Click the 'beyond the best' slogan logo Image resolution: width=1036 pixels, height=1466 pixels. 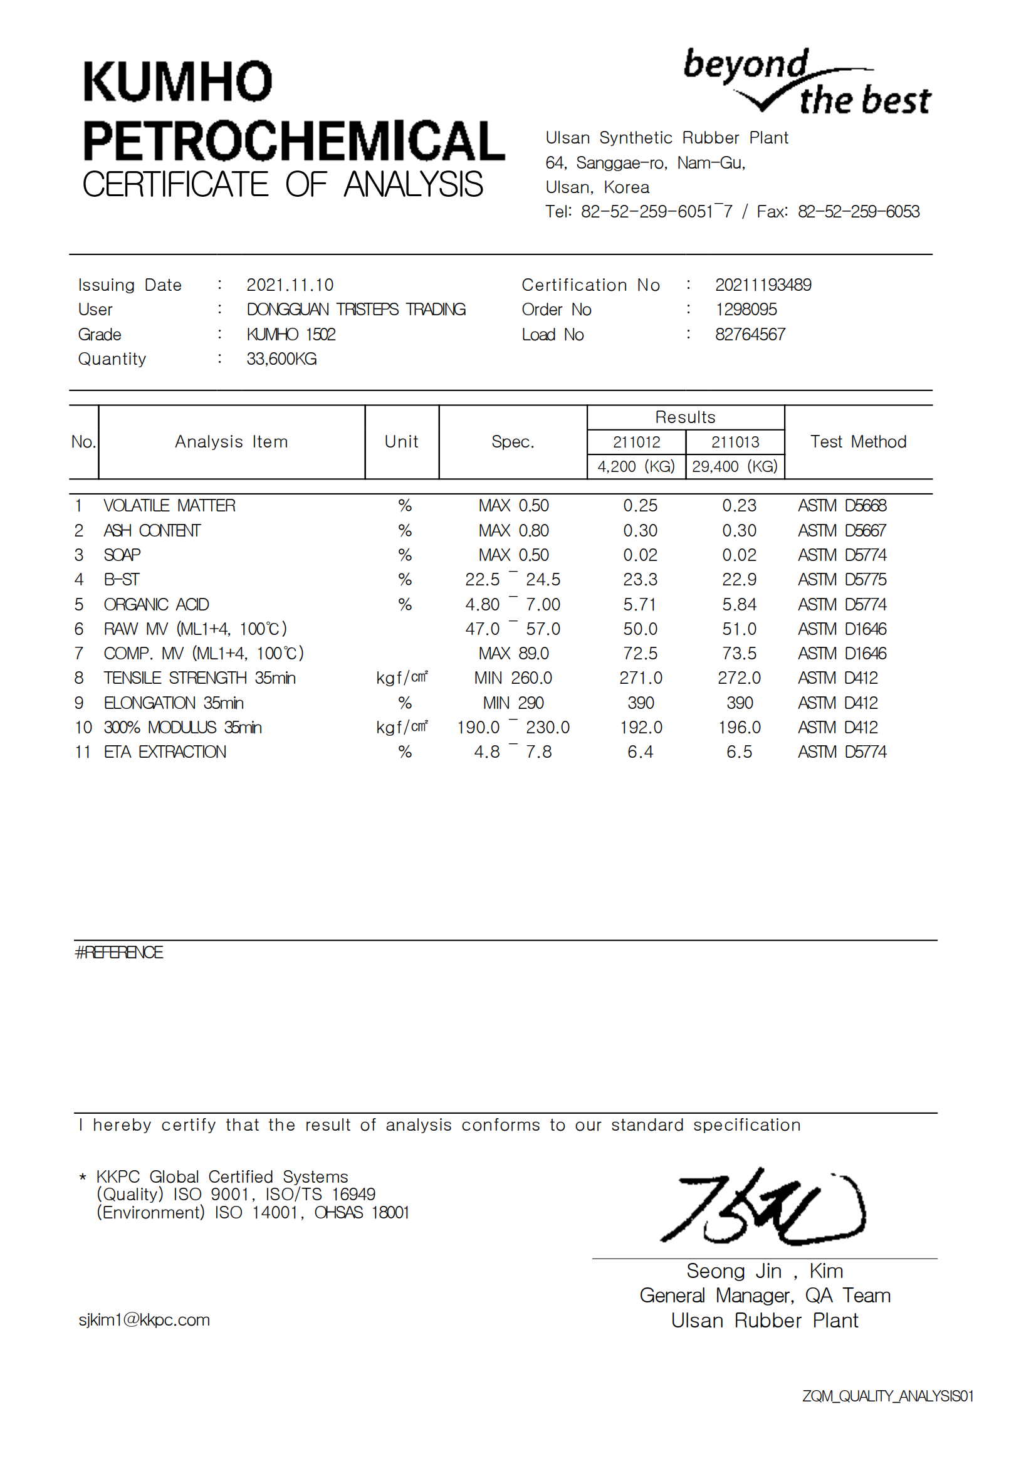click(806, 83)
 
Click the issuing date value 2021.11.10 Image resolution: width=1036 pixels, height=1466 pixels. click(290, 285)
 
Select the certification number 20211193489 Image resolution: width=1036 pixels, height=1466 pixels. click(763, 285)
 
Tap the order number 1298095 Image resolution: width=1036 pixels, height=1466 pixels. click(746, 310)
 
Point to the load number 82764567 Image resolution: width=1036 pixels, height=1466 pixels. click(750, 335)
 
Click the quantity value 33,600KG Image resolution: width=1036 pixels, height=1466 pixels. click(281, 359)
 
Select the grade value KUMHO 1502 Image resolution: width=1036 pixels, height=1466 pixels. click(291, 335)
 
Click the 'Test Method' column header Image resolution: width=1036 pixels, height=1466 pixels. click(858, 442)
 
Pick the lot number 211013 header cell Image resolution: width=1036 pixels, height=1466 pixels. click(735, 442)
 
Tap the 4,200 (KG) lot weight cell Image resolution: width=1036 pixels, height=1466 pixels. click(636, 467)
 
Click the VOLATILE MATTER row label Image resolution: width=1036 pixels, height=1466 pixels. click(170, 506)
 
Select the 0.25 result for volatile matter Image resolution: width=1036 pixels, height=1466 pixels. click(641, 506)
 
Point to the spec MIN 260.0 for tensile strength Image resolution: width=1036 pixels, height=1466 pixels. click(513, 678)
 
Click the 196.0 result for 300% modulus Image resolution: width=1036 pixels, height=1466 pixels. click(739, 727)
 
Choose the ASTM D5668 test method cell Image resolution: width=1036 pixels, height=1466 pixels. click(842, 506)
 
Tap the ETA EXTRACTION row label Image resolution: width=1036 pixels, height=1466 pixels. click(165, 752)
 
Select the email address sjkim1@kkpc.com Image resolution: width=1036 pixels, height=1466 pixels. click(144, 1320)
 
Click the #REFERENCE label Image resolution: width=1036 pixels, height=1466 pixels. click(119, 953)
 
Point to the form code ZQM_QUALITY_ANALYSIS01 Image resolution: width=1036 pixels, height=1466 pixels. click(887, 1396)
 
